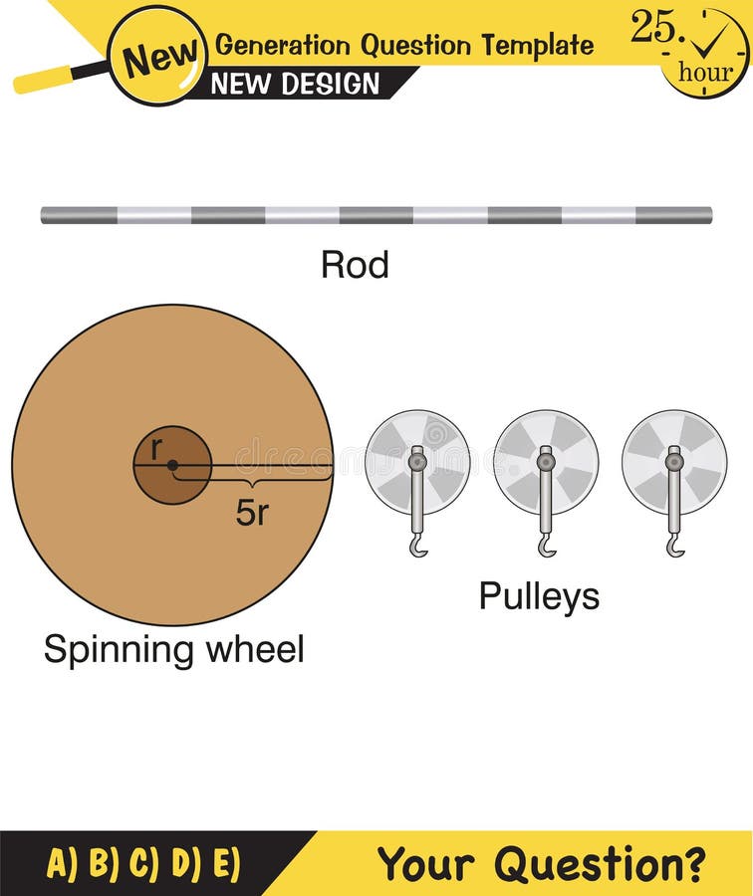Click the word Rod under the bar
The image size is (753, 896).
pyautogui.click(x=355, y=265)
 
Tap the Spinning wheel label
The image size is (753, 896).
pyautogui.click(x=174, y=650)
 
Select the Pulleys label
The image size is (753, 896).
pyautogui.click(x=539, y=596)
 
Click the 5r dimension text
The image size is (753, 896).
pyautogui.click(x=253, y=512)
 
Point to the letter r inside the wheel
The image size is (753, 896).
pyautogui.click(x=155, y=449)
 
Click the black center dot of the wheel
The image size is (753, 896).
pyautogui.click(x=172, y=465)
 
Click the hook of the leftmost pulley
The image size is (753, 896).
pyautogui.click(x=418, y=545)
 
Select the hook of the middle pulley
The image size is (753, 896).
pyautogui.click(x=547, y=545)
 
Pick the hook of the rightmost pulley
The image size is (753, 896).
pyautogui.click(x=675, y=545)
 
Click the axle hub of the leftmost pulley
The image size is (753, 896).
pyautogui.click(x=417, y=461)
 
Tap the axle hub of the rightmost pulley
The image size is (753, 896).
pyautogui.click(x=674, y=461)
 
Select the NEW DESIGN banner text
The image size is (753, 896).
pyautogui.click(x=296, y=85)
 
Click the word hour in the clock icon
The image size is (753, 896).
pyautogui.click(x=705, y=71)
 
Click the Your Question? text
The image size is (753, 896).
pyautogui.click(x=542, y=863)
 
